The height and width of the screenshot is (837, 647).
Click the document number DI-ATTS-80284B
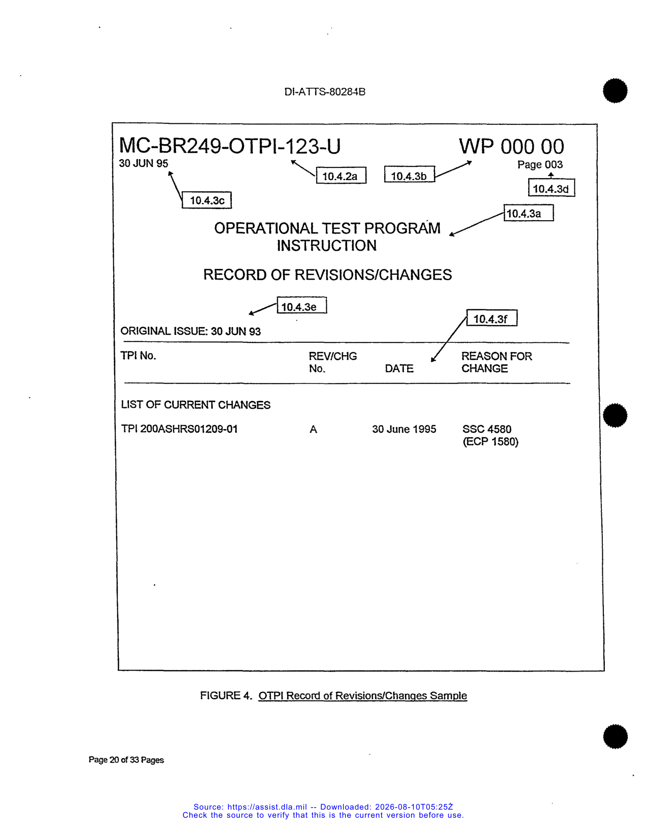(324, 92)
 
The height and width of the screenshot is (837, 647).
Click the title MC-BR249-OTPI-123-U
(230, 146)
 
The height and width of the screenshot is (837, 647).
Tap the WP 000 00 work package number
(512, 147)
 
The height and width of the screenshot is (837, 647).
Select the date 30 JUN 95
(143, 163)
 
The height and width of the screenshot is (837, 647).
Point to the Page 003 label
(540, 164)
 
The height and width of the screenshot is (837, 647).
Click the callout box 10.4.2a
(341, 175)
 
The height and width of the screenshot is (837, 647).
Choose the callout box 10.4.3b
(409, 174)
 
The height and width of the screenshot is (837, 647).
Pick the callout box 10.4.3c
(207, 200)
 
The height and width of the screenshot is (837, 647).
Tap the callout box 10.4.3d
(552, 188)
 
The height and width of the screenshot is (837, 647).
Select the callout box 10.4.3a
(529, 213)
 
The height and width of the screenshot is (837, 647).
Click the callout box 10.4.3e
(302, 305)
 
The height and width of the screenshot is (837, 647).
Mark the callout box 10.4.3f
(492, 318)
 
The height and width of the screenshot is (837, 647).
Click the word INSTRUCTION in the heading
(327, 246)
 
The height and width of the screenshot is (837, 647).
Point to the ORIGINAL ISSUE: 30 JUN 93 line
(191, 331)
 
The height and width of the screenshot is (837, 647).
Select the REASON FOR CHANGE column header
(497, 362)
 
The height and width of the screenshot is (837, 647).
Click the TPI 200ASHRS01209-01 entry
(179, 429)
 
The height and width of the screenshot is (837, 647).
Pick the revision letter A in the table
(313, 430)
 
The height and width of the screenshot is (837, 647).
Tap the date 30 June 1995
(404, 429)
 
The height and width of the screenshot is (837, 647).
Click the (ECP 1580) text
(491, 441)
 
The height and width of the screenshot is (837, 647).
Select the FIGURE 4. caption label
(226, 695)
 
